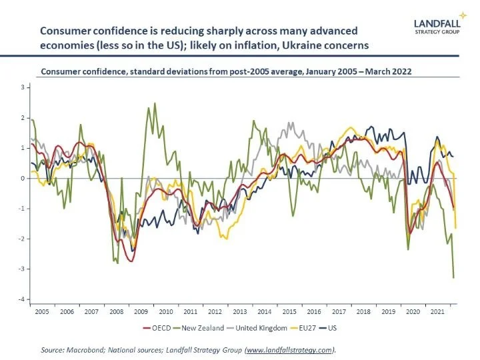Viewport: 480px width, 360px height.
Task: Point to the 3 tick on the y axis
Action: tap(22, 88)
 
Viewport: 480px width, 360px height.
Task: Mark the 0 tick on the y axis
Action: tap(22, 179)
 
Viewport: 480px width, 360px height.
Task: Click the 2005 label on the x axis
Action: tap(42, 311)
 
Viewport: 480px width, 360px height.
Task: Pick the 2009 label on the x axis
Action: tap(141, 311)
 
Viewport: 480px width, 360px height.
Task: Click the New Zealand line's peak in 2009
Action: tap(155, 103)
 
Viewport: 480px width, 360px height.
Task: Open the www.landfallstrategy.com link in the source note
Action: tap(287, 349)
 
